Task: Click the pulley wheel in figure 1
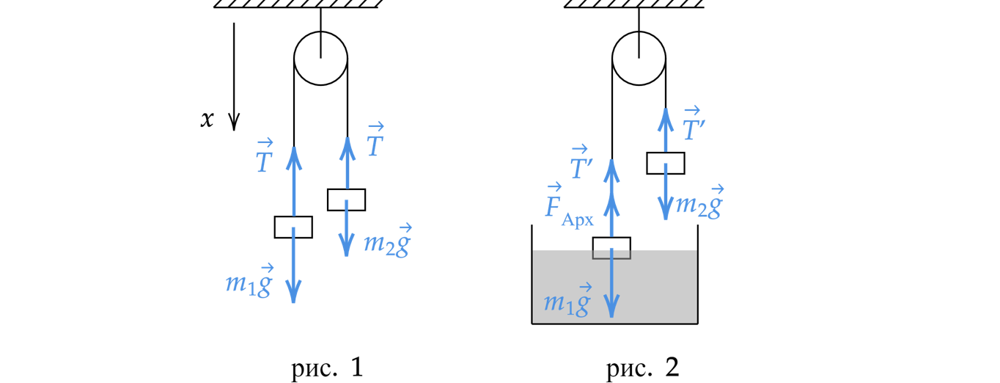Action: tap(320, 58)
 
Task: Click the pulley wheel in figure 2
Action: tap(639, 58)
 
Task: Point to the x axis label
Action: tap(207, 120)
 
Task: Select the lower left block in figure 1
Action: tap(293, 227)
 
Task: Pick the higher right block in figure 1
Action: tap(346, 200)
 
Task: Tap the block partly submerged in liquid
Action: tap(611, 248)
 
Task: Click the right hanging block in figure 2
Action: tap(665, 163)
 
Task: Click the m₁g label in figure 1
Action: tap(249, 282)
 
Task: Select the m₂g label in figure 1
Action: tap(387, 242)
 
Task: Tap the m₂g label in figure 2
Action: tap(699, 204)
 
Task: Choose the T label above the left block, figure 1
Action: tap(265, 158)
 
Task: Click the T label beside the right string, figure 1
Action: tap(375, 143)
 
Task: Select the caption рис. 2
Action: tap(643, 368)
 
